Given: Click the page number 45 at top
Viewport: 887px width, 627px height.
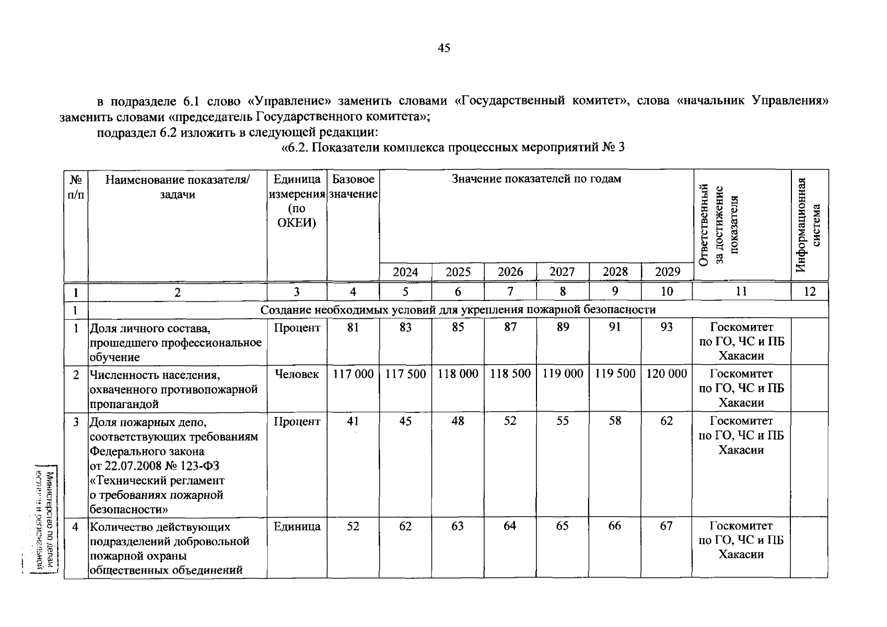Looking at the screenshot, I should [444, 49].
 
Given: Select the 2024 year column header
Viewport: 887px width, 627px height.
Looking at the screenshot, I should [405, 272].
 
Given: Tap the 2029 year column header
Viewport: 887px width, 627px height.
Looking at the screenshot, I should [667, 272].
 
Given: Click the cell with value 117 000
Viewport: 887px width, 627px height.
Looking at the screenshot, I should [353, 374].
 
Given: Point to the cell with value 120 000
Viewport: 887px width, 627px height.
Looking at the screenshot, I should [667, 374].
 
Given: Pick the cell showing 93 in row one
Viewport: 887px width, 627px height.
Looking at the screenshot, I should [667, 327].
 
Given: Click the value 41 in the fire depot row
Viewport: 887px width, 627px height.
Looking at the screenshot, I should [353, 421].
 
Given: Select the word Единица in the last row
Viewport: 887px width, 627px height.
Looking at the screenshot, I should [297, 527].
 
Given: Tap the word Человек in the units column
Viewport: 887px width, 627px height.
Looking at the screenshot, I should [297, 374].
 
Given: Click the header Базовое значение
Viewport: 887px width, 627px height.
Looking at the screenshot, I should [353, 187].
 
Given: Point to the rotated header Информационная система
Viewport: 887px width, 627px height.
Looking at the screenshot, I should [809, 225].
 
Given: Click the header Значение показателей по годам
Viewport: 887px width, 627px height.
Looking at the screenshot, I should [536, 179].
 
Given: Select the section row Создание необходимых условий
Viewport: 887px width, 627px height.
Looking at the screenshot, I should [458, 310].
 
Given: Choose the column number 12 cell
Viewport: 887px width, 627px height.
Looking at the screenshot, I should [809, 292].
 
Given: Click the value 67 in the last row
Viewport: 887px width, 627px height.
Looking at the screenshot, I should [666, 526].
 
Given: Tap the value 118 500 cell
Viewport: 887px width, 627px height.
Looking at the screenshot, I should [510, 374].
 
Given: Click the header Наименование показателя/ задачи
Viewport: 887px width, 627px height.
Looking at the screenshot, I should [178, 187].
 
